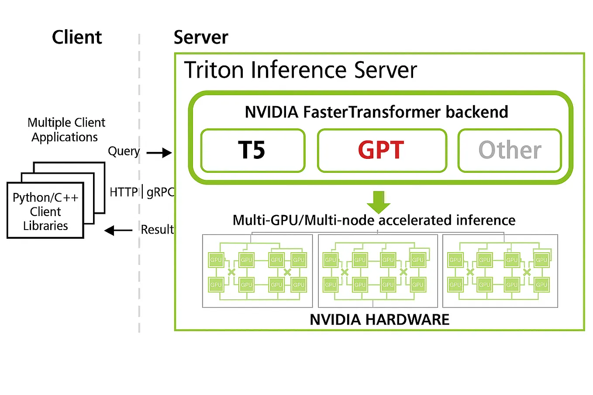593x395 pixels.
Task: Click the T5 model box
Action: [x=252, y=151]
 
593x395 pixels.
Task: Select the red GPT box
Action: [x=382, y=151]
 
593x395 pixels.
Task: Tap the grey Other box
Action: [x=509, y=151]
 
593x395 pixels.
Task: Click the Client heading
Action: [x=77, y=38]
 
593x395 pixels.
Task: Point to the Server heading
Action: [x=200, y=38]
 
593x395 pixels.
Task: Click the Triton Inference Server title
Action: [x=300, y=70]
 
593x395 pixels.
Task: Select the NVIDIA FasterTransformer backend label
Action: [x=376, y=112]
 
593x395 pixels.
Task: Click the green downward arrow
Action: [x=378, y=202]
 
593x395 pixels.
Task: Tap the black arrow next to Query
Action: [x=159, y=153]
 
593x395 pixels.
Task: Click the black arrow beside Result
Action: [x=118, y=230]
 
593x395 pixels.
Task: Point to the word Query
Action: [x=124, y=151]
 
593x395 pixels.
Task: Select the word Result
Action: [x=157, y=230]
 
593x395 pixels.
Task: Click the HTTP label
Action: [x=124, y=192]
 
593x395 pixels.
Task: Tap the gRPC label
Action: [x=160, y=192]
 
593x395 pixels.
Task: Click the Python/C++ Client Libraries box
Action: [x=45, y=211]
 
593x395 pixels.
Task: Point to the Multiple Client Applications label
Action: [x=66, y=130]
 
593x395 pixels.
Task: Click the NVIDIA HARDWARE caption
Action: [x=379, y=320]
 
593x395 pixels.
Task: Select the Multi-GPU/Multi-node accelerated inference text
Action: [x=374, y=220]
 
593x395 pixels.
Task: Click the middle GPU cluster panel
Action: [x=378, y=271]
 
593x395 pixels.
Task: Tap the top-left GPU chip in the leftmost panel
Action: [x=216, y=260]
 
